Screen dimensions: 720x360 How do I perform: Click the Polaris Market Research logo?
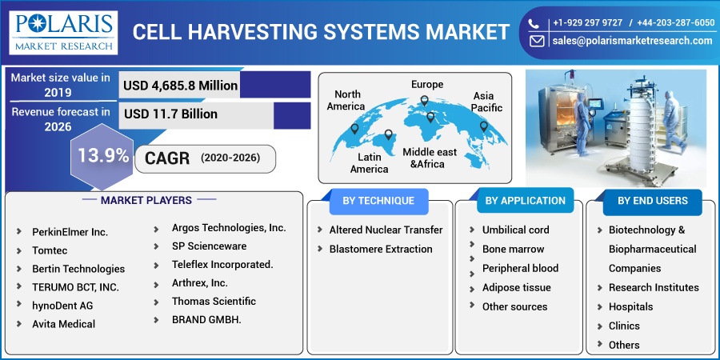[63, 33]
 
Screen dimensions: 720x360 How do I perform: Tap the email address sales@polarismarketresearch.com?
[632, 41]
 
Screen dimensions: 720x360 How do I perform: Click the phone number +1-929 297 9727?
[587, 22]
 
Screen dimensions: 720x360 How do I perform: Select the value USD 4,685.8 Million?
[181, 86]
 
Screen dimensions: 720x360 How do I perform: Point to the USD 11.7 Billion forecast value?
[170, 114]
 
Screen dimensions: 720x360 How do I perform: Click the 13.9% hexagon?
[102, 156]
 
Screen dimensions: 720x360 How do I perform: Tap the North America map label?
[346, 100]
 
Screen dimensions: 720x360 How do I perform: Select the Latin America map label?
[369, 163]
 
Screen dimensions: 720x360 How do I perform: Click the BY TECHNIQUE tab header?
[378, 201]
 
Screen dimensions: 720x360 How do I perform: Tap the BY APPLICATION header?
[526, 201]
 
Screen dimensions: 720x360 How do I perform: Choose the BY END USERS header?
[653, 201]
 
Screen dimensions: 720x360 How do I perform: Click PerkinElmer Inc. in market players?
[70, 232]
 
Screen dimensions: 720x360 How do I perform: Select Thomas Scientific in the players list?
[214, 302]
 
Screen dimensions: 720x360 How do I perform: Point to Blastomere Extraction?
[381, 249]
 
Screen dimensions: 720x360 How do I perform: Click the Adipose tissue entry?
[516, 287]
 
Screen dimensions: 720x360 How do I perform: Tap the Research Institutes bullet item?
[654, 287]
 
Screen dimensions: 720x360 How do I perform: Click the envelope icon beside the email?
[536, 42]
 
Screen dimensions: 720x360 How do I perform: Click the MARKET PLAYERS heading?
[146, 200]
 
